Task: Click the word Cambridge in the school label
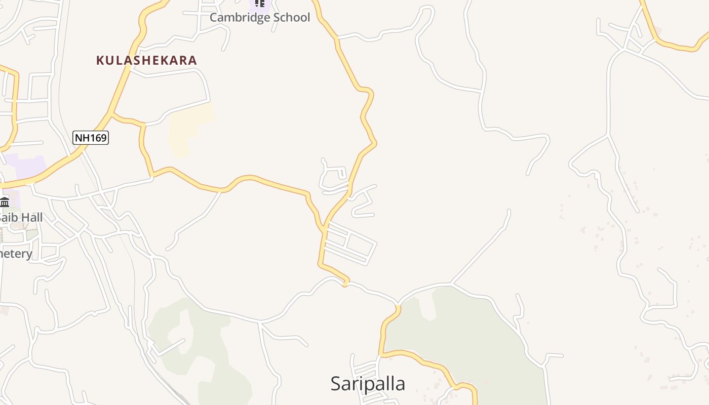[239, 17]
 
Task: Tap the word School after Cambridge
[291, 17]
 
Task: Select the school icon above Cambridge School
[259, 3]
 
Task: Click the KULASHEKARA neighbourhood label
[146, 60]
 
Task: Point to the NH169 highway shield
[91, 137]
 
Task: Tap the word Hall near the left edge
[28, 218]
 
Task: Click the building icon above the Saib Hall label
[5, 202]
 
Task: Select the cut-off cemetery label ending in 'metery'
[15, 254]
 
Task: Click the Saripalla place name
[368, 384]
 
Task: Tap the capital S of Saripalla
[336, 384]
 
